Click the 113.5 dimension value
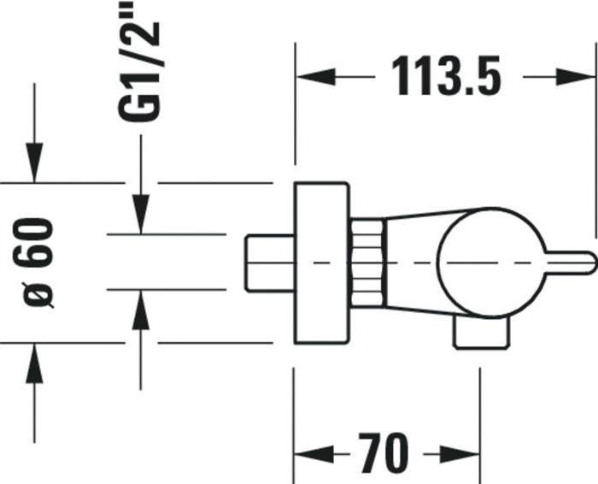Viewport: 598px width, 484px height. [x=445, y=77]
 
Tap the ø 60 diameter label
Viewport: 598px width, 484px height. [x=39, y=262]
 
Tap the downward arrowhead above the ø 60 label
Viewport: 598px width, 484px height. [x=34, y=167]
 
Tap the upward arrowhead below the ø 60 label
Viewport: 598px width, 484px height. [x=34, y=359]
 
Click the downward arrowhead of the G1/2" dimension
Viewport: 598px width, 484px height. [x=142, y=218]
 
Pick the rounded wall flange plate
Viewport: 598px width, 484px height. [x=321, y=263]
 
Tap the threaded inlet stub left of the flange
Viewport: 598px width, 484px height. [x=268, y=262]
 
